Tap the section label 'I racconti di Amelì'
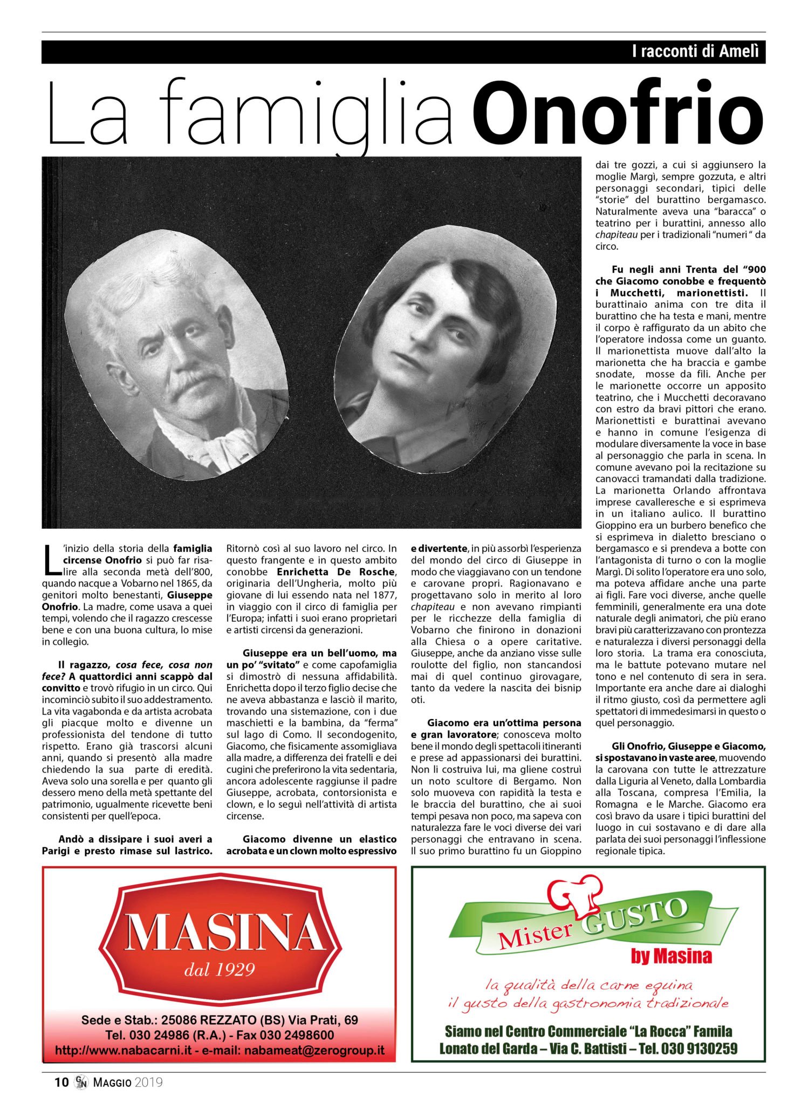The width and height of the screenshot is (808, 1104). pyautogui.click(x=695, y=52)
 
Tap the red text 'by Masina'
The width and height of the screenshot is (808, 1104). pyautogui.click(x=671, y=956)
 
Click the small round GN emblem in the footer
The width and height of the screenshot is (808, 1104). pyautogui.click(x=81, y=1082)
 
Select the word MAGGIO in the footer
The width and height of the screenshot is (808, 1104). pyautogui.click(x=112, y=1082)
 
